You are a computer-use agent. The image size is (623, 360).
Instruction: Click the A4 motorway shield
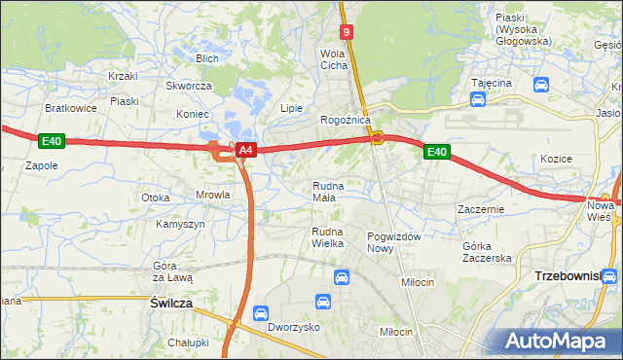click(x=246, y=150)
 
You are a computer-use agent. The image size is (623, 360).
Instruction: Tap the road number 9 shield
click(x=348, y=32)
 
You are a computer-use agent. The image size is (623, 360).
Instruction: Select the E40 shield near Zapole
click(x=52, y=141)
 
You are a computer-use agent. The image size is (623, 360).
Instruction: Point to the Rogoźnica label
click(x=346, y=120)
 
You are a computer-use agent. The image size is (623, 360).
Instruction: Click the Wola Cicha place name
click(x=334, y=59)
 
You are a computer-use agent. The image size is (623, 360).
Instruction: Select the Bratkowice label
click(x=71, y=108)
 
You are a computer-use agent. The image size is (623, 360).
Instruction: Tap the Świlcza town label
click(x=171, y=304)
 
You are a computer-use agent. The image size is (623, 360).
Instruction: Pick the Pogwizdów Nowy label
click(x=393, y=242)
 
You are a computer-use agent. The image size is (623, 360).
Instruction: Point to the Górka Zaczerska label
click(x=487, y=252)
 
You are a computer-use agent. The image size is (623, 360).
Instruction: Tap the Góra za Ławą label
click(x=173, y=272)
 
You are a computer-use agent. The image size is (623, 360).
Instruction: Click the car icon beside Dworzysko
click(x=260, y=313)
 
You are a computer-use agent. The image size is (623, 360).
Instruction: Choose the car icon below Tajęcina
click(x=479, y=99)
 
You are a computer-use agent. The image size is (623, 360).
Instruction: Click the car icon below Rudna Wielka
click(x=342, y=277)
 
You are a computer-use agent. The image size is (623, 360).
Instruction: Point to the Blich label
click(x=206, y=58)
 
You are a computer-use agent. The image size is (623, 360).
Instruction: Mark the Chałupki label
click(x=188, y=342)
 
